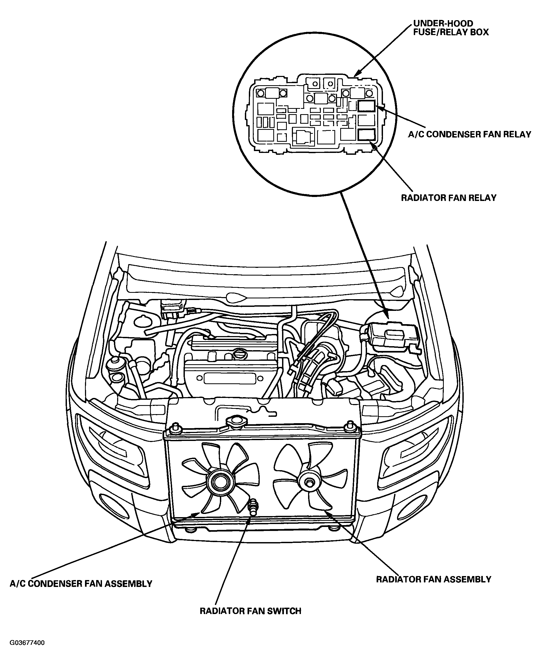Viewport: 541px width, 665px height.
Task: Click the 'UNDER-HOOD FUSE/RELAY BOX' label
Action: tap(451, 28)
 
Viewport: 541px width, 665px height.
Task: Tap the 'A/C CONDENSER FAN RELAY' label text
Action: tap(470, 135)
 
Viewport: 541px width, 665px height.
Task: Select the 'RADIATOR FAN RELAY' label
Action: tap(449, 198)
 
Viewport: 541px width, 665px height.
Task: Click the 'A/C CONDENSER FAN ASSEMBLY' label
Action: tap(81, 584)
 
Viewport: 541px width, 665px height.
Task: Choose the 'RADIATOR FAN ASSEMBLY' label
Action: tap(434, 579)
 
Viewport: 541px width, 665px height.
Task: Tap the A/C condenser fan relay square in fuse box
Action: tap(367, 106)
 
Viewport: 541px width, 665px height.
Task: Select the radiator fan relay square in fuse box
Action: tap(367, 135)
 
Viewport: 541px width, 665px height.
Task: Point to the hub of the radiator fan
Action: tap(309, 482)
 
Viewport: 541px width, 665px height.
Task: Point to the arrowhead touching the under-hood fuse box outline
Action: tap(358, 72)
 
